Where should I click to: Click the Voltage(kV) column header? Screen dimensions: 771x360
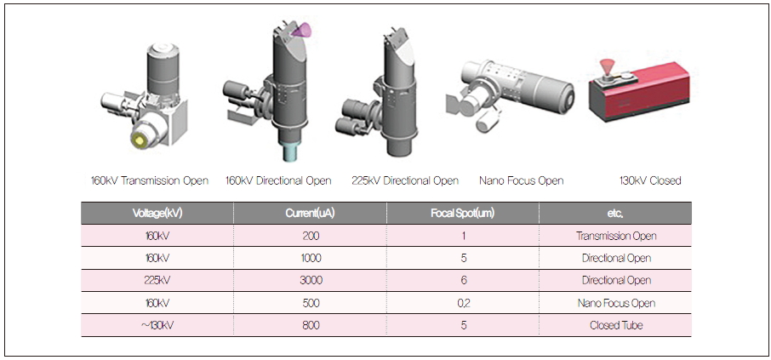(157, 214)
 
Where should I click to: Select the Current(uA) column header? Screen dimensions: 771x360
(311, 214)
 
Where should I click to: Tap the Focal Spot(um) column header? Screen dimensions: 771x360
(463, 214)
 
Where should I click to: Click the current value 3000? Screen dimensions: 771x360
(311, 280)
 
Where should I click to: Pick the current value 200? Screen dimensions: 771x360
(311, 236)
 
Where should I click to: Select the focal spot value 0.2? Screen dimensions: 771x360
(463, 303)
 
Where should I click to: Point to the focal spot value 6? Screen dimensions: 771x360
(463, 280)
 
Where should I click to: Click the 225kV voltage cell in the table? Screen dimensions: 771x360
(157, 280)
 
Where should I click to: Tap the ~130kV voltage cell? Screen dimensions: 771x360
(157, 325)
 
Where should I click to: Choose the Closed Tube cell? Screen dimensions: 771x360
(615, 325)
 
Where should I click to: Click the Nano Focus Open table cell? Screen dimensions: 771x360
(616, 303)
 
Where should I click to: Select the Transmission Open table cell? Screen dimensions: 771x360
(616, 236)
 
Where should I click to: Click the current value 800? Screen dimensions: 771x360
(311, 325)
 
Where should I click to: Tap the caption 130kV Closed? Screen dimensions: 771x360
(650, 180)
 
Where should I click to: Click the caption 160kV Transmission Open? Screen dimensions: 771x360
(150, 180)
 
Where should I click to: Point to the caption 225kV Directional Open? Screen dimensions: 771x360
(405, 180)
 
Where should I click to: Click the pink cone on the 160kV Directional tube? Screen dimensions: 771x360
(301, 31)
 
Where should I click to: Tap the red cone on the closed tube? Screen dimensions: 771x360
(608, 67)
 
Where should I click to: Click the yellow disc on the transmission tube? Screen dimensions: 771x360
(140, 140)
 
